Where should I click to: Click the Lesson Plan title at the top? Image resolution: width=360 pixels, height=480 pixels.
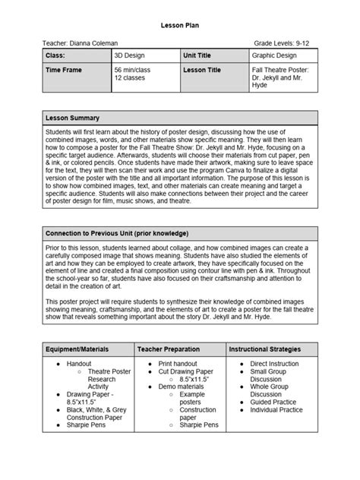180,25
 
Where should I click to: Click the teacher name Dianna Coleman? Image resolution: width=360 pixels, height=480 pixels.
81,44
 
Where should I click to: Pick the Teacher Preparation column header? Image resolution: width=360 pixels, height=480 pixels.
172,349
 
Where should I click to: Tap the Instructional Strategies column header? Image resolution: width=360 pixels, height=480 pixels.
265,349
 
